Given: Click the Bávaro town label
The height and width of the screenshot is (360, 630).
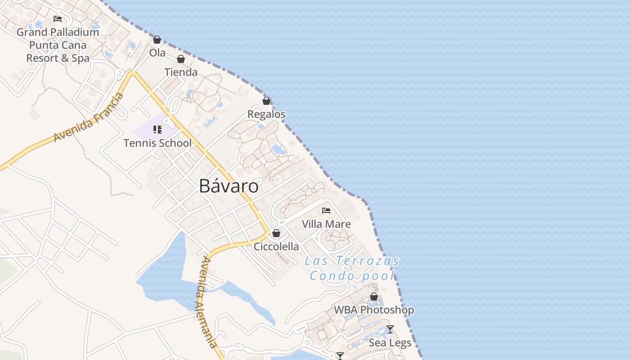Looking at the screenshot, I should click(x=229, y=186).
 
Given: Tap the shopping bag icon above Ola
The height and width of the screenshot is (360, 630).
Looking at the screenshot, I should click(x=157, y=40).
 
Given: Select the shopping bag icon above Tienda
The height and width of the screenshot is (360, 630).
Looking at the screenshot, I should click(x=181, y=59).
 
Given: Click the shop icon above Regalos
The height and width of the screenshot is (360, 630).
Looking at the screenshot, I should click(x=266, y=101).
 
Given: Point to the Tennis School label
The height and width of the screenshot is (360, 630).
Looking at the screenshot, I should click(x=157, y=143).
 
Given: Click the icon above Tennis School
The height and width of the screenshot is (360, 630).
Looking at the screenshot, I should click(x=157, y=130).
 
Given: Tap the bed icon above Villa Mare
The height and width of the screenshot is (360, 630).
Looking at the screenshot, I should click(x=326, y=210).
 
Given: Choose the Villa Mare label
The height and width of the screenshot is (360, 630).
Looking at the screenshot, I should click(x=326, y=224).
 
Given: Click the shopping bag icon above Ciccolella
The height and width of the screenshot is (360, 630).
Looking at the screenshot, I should click(x=276, y=233).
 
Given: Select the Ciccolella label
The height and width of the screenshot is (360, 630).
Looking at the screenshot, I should click(x=276, y=247).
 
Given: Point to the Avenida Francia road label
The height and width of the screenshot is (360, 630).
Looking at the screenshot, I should click(x=89, y=118).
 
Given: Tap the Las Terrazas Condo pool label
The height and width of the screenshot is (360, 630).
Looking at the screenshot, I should click(x=352, y=268).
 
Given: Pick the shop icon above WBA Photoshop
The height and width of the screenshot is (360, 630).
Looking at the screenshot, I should click(x=374, y=297).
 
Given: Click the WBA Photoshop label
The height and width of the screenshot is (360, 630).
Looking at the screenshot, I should click(x=374, y=310).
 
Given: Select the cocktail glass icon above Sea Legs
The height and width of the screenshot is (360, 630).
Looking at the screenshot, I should click(x=390, y=329).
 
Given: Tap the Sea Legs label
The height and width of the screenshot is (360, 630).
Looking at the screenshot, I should click(x=390, y=343).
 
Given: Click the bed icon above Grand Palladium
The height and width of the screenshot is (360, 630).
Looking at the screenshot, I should click(x=58, y=18).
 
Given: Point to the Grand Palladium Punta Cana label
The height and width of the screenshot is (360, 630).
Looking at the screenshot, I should click(x=58, y=45).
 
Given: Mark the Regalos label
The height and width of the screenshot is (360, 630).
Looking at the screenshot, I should click(x=266, y=114).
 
